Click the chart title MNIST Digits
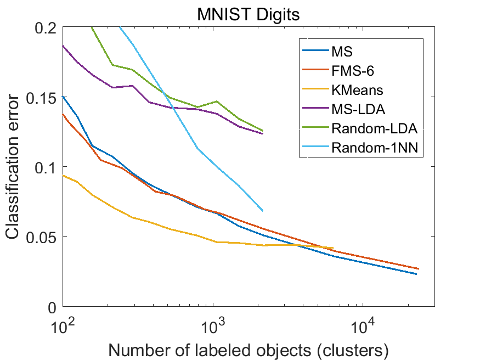[249, 14]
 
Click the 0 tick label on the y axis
[53, 307]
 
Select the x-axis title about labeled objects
[249, 348]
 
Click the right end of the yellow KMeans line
[333, 248]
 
